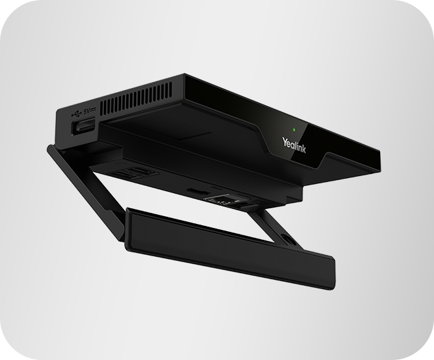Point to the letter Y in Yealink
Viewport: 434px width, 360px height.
pyautogui.click(x=284, y=139)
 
